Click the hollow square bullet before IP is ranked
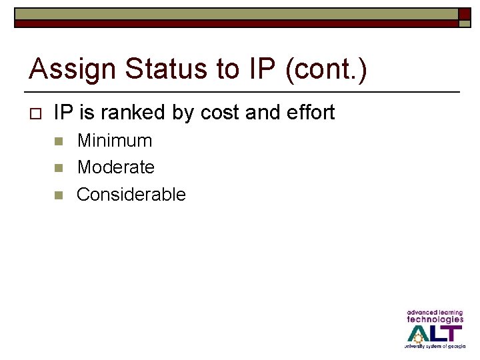(36, 113)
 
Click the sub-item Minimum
(115, 141)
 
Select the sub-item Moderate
(115, 167)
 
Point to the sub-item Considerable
(131, 195)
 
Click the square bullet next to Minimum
(58, 141)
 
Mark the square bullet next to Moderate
(58, 168)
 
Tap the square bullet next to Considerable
(58, 195)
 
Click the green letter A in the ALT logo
(419, 333)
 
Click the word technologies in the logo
(435, 319)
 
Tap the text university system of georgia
(435, 347)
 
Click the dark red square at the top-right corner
(464, 14)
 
